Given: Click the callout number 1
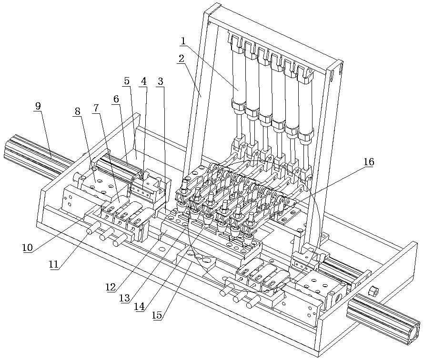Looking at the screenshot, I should (183, 41).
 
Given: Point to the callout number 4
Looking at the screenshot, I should (143, 81).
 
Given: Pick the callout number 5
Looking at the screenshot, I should (126, 81).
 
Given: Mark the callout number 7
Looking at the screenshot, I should (96, 108).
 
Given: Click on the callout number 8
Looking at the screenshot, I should (77, 111).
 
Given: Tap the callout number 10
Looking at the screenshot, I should (27, 248).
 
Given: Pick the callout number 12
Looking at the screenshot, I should (111, 287).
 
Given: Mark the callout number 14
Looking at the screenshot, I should (139, 307).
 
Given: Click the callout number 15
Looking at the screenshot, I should (158, 315).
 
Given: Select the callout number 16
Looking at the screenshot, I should (369, 162).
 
